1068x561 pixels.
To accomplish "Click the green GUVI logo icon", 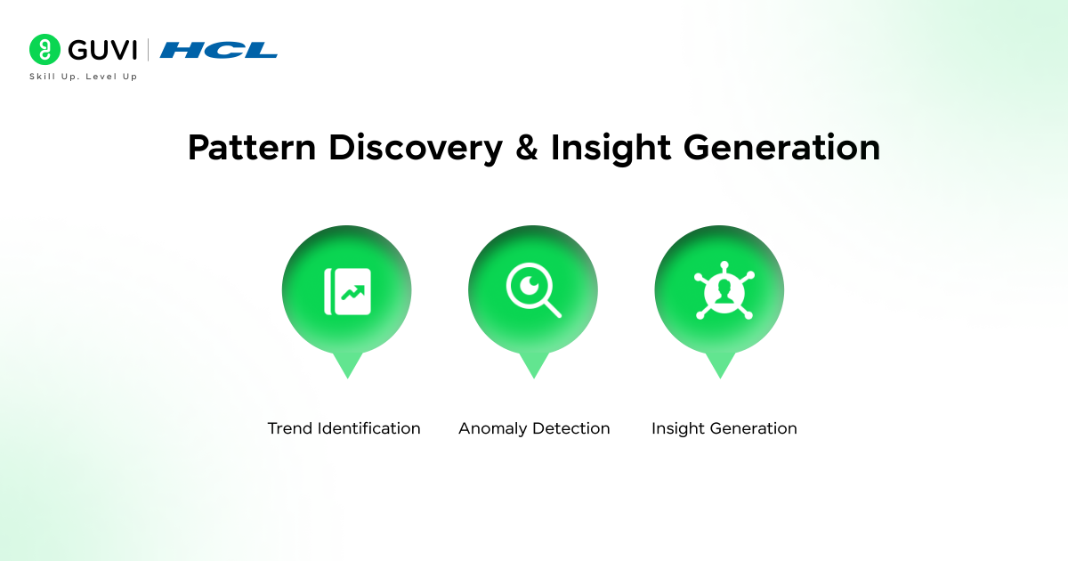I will pos(44,50).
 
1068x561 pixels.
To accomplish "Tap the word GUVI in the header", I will pos(99,50).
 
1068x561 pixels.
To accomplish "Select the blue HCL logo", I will pos(219,50).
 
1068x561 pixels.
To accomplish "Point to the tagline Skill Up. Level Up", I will pos(84,77).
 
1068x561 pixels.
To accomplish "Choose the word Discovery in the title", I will pos(416,148).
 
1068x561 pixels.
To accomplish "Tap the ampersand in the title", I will pos(527,148).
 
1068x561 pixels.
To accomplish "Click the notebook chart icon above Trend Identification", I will pos(347,292).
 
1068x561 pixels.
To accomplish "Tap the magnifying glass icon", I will pos(533,292).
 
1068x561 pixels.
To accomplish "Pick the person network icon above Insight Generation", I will pos(719,292).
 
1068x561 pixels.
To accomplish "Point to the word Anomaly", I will pos(493,429).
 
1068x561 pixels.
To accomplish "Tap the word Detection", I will pos(571,428).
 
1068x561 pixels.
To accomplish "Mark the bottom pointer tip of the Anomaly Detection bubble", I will pos(533,376).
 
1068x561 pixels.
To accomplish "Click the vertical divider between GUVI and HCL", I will pos(148,50).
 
